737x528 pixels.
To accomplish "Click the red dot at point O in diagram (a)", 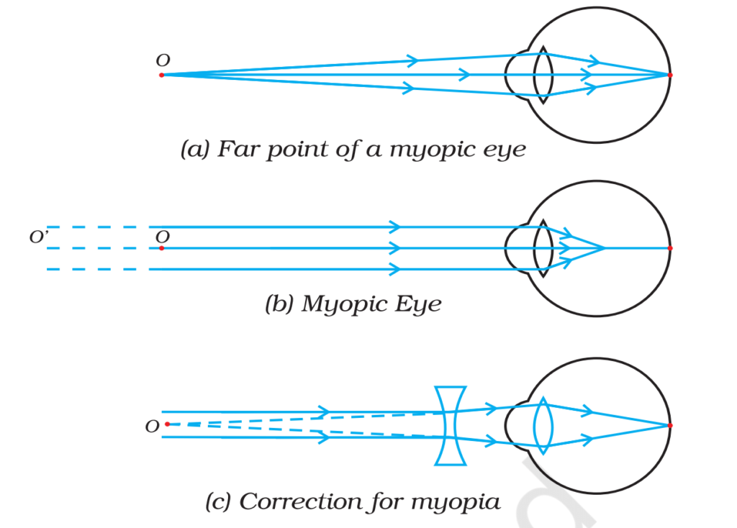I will point(161,75).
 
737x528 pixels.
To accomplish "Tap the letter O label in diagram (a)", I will point(163,61).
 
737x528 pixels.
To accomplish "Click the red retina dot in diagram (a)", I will point(670,75).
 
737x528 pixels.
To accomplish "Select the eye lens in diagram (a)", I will point(543,75).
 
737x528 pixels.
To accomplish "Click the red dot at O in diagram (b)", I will point(161,248).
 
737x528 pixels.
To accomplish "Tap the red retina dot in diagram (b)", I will point(670,248).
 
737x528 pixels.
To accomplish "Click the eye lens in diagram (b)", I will point(543,248).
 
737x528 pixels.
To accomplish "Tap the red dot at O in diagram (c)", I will point(167,424).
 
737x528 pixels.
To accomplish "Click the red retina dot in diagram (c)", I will point(670,425).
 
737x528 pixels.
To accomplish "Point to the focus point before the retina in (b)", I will point(604,248).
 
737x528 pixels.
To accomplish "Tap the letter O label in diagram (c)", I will point(152,427).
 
